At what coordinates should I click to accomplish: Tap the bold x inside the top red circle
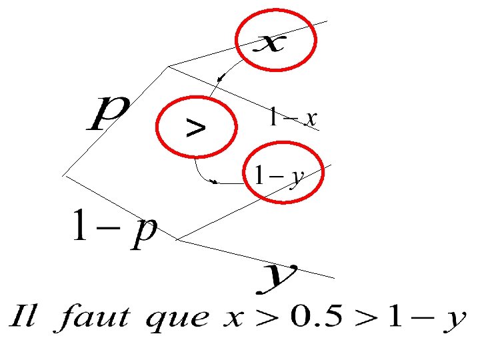(x=272, y=44)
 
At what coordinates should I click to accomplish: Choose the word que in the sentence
(x=177, y=321)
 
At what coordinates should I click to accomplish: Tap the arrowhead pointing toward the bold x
(x=221, y=80)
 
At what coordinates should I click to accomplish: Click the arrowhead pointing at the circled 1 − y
(x=214, y=181)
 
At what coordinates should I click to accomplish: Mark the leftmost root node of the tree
(x=64, y=175)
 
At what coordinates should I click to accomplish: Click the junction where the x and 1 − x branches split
(x=169, y=66)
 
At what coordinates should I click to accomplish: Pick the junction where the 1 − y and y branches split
(x=177, y=240)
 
